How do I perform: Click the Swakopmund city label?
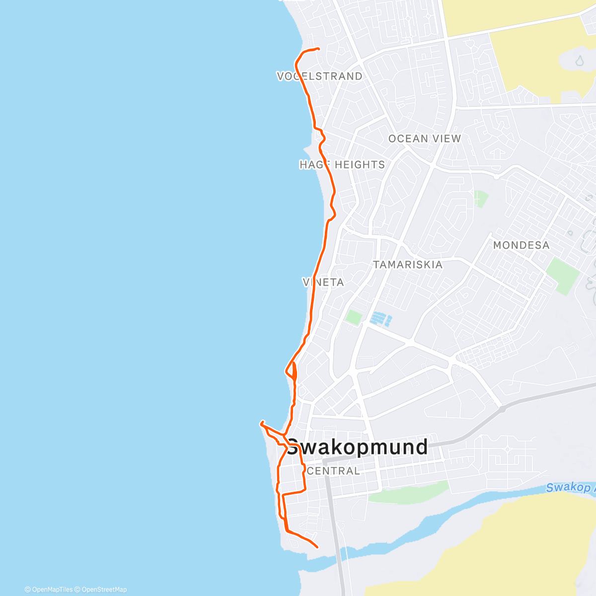(357, 447)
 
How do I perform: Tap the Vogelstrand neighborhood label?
(319, 76)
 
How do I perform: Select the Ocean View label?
(425, 139)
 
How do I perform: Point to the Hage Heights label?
(342, 164)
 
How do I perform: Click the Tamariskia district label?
(407, 264)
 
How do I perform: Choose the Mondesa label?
(521, 245)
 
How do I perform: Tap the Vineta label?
(323, 282)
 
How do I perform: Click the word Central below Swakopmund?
(333, 471)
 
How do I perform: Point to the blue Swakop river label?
(569, 487)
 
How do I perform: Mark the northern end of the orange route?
(317, 48)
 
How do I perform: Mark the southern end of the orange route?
(317, 547)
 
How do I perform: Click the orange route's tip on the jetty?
(261, 424)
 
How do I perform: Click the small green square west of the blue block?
(353, 317)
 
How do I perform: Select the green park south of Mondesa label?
(563, 275)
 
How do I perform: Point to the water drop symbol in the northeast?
(579, 61)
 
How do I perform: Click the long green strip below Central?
(408, 492)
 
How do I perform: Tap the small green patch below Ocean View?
(480, 198)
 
